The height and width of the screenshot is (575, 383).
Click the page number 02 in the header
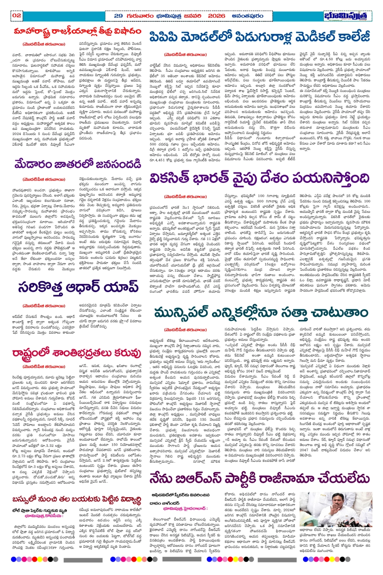pos(17,15)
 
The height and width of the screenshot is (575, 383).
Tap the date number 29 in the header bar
pos(118,15)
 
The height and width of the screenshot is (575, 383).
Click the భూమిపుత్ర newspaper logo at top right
pos(347,16)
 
